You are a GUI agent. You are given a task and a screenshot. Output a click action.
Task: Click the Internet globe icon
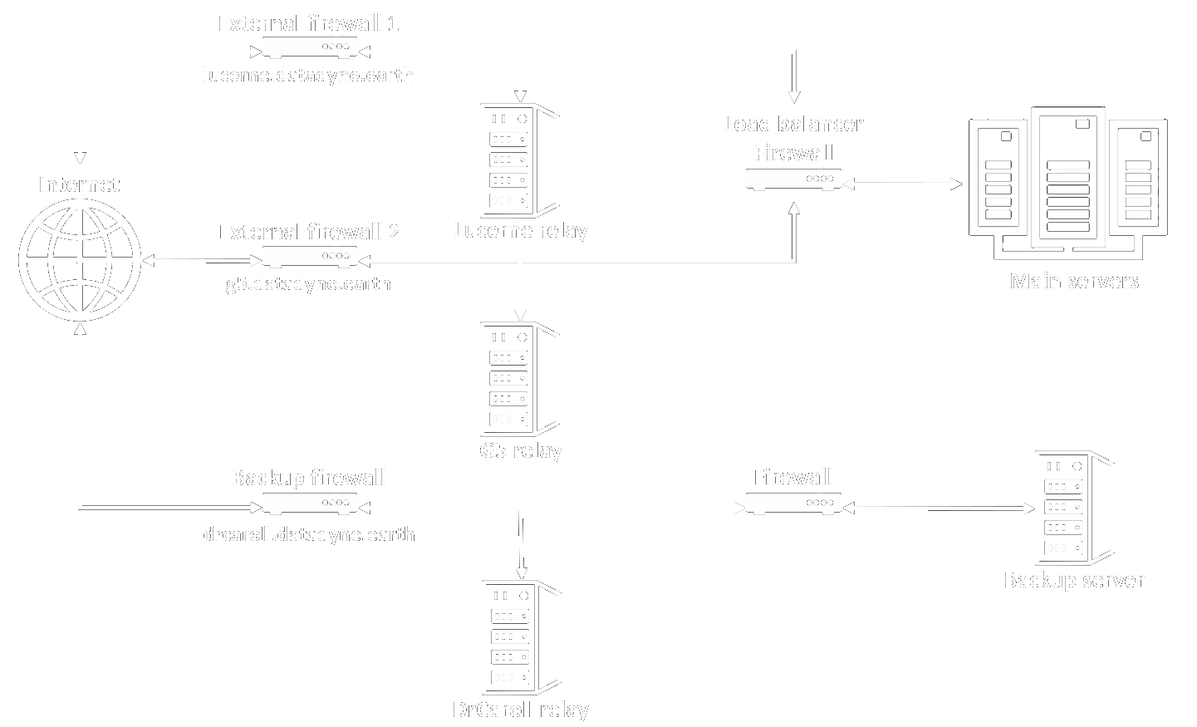[80, 259]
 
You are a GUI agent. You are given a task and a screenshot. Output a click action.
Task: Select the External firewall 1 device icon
[310, 47]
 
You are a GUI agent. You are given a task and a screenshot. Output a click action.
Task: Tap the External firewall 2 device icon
[310, 257]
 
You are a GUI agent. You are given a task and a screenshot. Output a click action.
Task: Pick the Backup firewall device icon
[310, 503]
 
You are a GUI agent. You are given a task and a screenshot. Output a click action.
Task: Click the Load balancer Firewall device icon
[793, 179]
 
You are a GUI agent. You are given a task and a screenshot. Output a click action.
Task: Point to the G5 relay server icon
[519, 379]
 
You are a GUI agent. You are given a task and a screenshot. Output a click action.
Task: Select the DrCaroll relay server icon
[521, 636]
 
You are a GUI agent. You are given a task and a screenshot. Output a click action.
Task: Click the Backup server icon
[1073, 508]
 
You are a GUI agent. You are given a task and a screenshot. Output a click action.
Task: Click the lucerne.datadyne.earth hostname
[308, 75]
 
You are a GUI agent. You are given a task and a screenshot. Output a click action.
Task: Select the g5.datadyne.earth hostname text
[308, 283]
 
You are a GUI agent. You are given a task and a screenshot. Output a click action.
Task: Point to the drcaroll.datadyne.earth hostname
[309, 533]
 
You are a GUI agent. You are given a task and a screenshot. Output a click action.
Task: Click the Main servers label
[1073, 281]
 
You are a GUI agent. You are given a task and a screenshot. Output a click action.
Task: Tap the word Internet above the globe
[79, 184]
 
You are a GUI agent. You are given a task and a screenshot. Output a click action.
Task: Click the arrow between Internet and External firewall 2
[201, 261]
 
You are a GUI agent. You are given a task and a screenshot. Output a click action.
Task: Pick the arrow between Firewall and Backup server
[939, 508]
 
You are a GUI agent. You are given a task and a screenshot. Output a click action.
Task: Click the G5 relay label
[521, 450]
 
